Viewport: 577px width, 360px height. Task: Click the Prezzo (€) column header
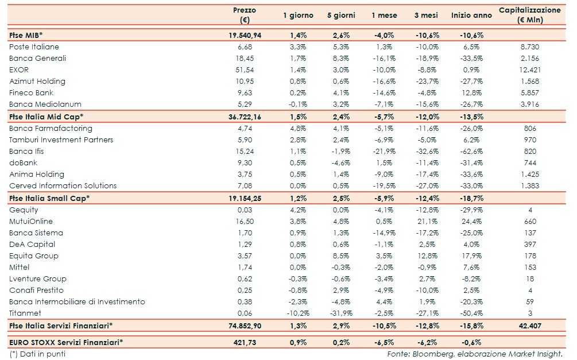pyautogui.click(x=245, y=15)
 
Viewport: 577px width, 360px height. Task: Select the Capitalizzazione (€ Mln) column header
pyautogui.click(x=529, y=15)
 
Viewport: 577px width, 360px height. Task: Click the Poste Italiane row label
pyautogui.click(x=34, y=47)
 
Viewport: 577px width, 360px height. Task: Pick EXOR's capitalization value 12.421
pyautogui.click(x=530, y=69)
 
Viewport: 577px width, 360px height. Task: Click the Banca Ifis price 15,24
pyautogui.click(x=245, y=151)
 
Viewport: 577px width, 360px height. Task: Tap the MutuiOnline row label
pyautogui.click(x=31, y=221)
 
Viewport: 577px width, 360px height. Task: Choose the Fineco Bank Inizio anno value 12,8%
pyautogui.click(x=471, y=92)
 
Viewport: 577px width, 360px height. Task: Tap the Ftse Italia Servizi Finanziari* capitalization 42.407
pyautogui.click(x=530, y=326)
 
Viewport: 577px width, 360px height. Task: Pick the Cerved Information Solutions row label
pyautogui.click(x=63, y=185)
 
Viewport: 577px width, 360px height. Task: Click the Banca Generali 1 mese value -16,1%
pyautogui.click(x=384, y=58)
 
